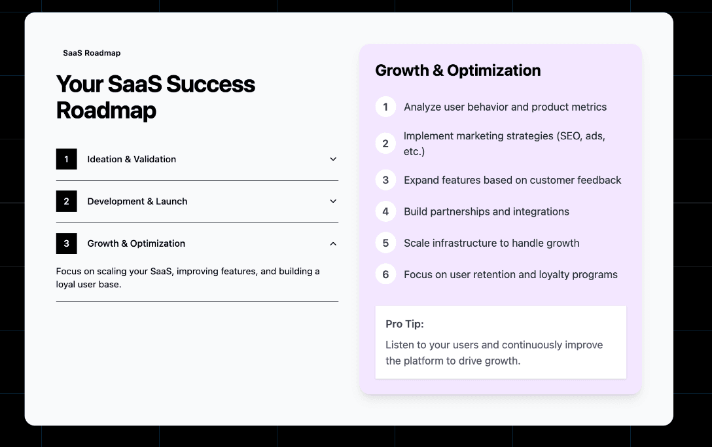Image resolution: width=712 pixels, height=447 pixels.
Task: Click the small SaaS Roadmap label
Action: pyautogui.click(x=92, y=53)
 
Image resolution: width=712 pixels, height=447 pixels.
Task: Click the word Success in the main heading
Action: pyautogui.click(x=210, y=84)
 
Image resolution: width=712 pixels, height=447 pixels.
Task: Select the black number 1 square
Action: pyautogui.click(x=66, y=159)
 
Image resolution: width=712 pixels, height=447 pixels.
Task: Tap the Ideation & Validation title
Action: pyautogui.click(x=132, y=159)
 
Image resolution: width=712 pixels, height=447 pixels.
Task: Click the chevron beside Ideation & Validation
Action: pyautogui.click(x=333, y=159)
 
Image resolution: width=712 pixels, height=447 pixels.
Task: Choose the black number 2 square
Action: pyautogui.click(x=66, y=202)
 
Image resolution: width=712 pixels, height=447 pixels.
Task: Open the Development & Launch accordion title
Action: pyautogui.click(x=137, y=202)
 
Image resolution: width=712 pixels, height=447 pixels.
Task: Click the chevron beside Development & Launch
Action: pyautogui.click(x=333, y=202)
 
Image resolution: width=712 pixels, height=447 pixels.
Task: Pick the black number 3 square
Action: pyautogui.click(x=66, y=243)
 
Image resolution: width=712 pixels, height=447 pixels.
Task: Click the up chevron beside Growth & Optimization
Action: pyautogui.click(x=333, y=243)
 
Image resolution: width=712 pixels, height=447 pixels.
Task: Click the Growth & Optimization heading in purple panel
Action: pyautogui.click(x=457, y=71)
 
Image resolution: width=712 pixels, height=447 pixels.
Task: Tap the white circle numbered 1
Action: pyautogui.click(x=385, y=107)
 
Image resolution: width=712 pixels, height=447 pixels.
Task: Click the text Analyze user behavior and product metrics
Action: pyautogui.click(x=505, y=107)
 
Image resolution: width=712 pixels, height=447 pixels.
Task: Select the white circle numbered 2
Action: pyautogui.click(x=385, y=143)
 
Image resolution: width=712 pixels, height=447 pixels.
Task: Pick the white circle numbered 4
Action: pyautogui.click(x=385, y=211)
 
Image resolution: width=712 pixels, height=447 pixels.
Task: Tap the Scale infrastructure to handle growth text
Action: pyautogui.click(x=491, y=243)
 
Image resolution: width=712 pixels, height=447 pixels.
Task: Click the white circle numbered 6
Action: pyautogui.click(x=385, y=274)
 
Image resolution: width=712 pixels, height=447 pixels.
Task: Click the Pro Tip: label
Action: pyautogui.click(x=404, y=324)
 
